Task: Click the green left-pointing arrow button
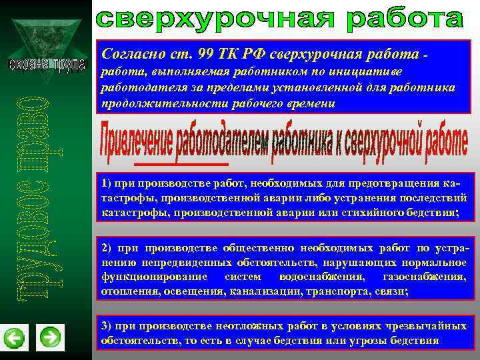(x=14, y=338)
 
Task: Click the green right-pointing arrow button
(x=50, y=337)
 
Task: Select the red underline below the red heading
(x=181, y=163)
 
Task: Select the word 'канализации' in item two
(x=259, y=291)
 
